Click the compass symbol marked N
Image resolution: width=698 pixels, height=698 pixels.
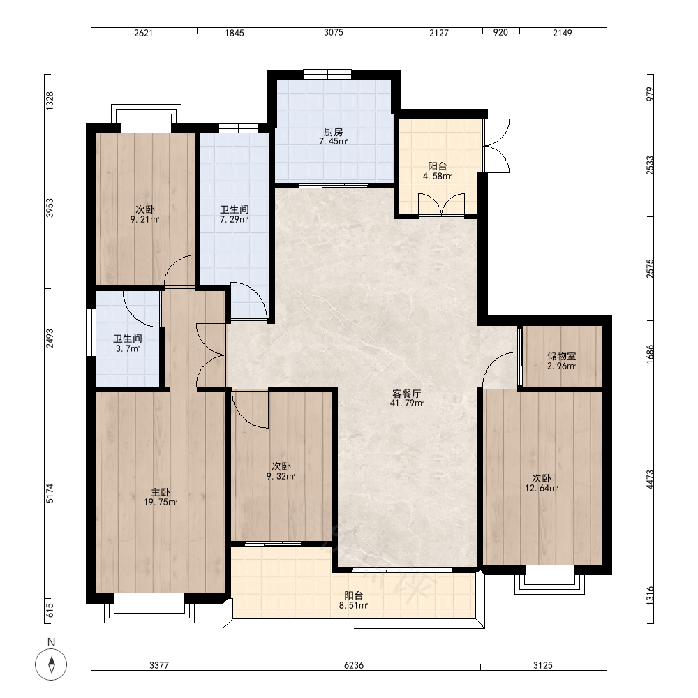coord(51,664)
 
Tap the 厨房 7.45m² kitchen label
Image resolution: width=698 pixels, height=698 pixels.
coord(333,137)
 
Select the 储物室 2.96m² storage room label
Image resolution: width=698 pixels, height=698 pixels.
coord(561,361)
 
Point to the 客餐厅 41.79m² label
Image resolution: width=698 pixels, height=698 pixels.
coord(406,399)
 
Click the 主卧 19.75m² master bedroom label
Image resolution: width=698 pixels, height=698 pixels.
coord(161,497)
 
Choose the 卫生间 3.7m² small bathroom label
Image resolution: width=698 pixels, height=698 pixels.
coord(128,343)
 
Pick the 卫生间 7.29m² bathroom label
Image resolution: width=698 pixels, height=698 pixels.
coord(234,214)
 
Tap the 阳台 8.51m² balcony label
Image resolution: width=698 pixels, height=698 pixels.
coord(353,600)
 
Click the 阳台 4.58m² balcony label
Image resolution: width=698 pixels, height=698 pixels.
coord(437,171)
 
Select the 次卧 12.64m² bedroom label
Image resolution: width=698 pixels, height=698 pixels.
coord(542,483)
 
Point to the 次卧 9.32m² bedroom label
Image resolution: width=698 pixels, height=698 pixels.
coord(281,471)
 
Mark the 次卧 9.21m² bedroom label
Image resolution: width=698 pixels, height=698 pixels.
coord(144,214)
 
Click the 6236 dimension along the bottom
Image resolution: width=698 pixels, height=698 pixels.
coord(354,665)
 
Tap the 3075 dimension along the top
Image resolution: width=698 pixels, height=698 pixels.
coord(334,33)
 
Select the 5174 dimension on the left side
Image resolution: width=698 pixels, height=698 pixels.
coord(50,493)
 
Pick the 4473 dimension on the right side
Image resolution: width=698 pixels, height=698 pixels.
coord(650,480)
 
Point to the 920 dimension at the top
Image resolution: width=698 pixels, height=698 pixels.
coord(500,33)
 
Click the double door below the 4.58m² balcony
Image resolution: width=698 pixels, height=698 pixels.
coord(442,205)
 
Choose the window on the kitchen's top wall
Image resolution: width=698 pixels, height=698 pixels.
coord(327,74)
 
